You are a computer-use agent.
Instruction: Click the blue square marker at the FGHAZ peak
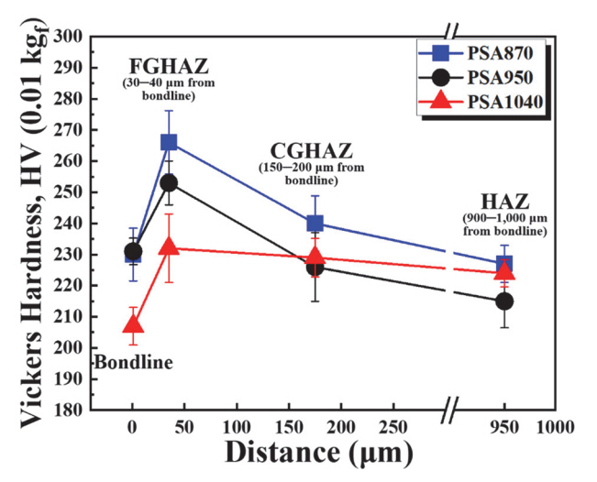click(169, 142)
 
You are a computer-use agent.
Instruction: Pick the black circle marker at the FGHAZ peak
click(169, 183)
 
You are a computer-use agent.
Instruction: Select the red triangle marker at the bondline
click(133, 324)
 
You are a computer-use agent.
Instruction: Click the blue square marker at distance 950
click(503, 265)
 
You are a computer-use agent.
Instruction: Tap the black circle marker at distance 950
click(503, 301)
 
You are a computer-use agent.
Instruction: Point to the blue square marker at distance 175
click(315, 223)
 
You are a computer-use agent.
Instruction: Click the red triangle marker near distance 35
click(169, 247)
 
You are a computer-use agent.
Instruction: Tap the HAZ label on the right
click(503, 203)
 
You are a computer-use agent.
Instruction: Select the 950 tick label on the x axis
click(503, 426)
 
